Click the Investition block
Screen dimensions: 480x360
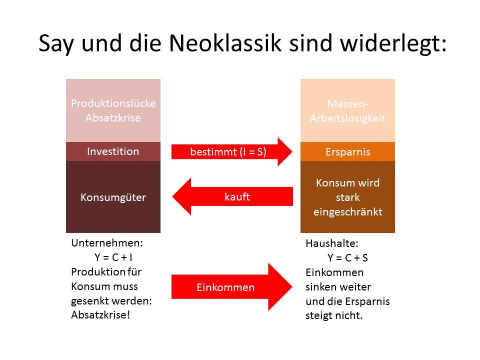113,151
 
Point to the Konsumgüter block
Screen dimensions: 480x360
113,197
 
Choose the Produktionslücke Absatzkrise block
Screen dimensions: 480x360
113,110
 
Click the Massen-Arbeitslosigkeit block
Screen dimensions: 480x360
347,111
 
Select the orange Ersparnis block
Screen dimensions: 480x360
347,152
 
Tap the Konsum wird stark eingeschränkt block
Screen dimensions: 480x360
347,197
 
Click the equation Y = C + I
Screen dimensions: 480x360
113,258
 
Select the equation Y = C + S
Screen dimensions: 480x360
348,258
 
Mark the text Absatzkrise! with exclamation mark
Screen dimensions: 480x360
100,316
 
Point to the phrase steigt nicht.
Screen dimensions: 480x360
334,316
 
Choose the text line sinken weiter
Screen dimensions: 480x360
338,287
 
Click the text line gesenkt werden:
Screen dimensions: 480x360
111,301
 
